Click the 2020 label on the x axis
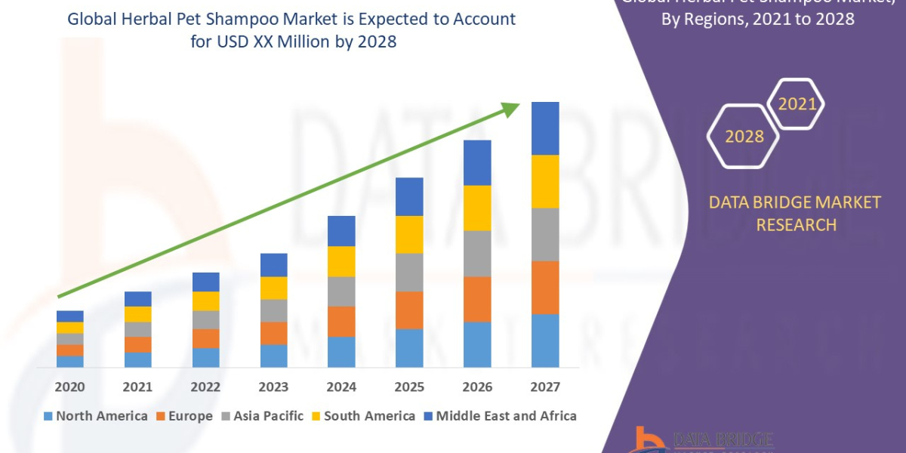coord(69,387)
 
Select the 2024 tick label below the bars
coord(341,387)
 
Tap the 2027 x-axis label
coord(545,387)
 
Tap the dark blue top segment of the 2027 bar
coord(545,128)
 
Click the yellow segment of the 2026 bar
coord(477,208)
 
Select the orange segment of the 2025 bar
coord(409,310)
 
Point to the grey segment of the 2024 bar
coord(341,291)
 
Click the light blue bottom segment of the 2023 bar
coord(273,356)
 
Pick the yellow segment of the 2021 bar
coord(137,314)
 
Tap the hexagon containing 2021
coord(797,104)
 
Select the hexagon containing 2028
coord(744,137)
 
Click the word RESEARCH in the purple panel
coord(796,224)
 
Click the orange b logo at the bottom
coord(646,440)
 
